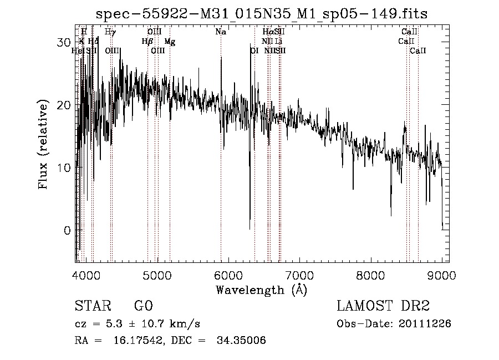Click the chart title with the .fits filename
(x=261, y=13)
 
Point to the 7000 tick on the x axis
(x=299, y=275)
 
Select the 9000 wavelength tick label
(x=442, y=275)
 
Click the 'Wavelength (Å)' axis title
(x=261, y=290)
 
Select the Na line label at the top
(x=221, y=32)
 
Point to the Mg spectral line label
(x=170, y=42)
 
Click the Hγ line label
(x=110, y=32)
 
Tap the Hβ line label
(x=147, y=42)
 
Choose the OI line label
(x=254, y=51)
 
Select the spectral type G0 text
(x=143, y=306)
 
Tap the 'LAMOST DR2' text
(x=383, y=306)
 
